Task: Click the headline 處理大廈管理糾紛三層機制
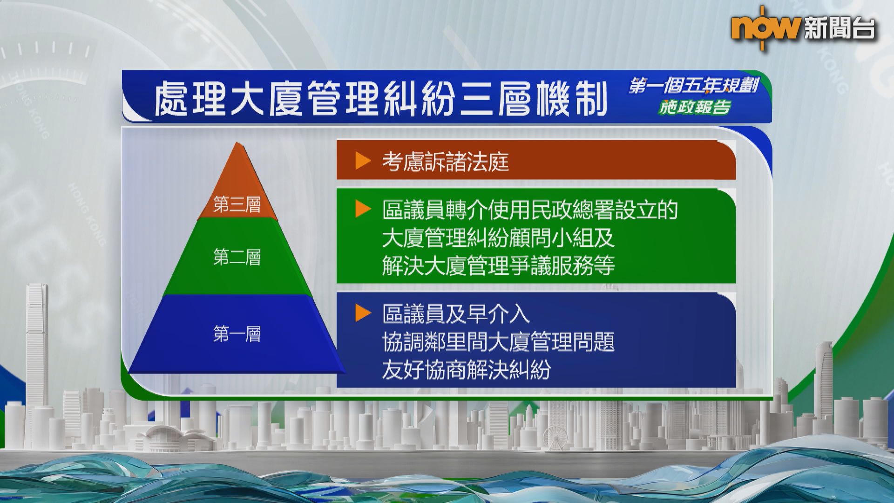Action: pyautogui.click(x=381, y=99)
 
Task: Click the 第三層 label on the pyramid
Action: pyautogui.click(x=237, y=205)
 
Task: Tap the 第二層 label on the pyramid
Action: pyautogui.click(x=237, y=257)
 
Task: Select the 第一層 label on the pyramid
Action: pyautogui.click(x=237, y=334)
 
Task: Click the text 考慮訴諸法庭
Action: pyautogui.click(x=446, y=162)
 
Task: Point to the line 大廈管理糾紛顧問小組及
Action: pyautogui.click(x=498, y=238)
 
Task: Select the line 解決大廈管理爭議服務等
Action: pyautogui.click(x=498, y=265)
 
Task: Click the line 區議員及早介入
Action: pyautogui.click(x=456, y=314)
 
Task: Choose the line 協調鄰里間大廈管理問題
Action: pyautogui.click(x=498, y=342)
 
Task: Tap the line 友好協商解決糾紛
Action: pyautogui.click(x=467, y=370)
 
